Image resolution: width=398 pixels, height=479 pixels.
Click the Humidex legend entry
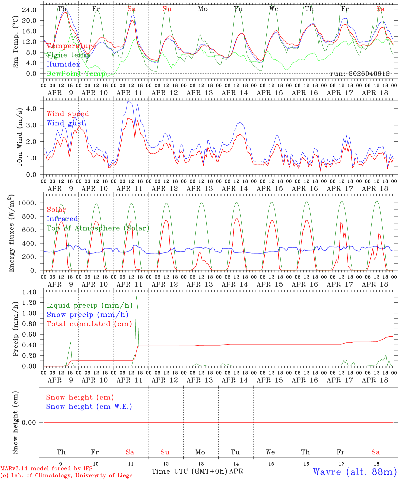(x=63, y=65)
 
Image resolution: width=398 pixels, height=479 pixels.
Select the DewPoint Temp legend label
(x=76, y=74)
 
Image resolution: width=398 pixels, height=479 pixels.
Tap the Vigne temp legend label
(x=68, y=55)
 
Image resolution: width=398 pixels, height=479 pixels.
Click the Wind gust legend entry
(x=65, y=123)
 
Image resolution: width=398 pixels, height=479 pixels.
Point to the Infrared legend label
(x=62, y=219)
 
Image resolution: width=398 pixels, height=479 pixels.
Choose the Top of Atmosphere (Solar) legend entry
(x=98, y=228)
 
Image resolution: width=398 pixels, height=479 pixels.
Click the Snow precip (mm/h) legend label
(x=87, y=315)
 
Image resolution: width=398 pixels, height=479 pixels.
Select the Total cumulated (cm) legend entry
(x=89, y=324)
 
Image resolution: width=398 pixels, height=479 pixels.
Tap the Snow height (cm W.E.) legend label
(x=89, y=406)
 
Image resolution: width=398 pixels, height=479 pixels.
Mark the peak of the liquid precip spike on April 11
(x=136, y=296)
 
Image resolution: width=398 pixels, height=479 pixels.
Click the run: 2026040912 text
(x=360, y=74)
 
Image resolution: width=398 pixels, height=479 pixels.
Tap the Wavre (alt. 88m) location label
(x=355, y=472)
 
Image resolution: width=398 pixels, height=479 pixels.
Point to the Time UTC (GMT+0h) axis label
(x=190, y=471)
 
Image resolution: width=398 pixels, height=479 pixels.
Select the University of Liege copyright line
(x=66, y=476)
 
